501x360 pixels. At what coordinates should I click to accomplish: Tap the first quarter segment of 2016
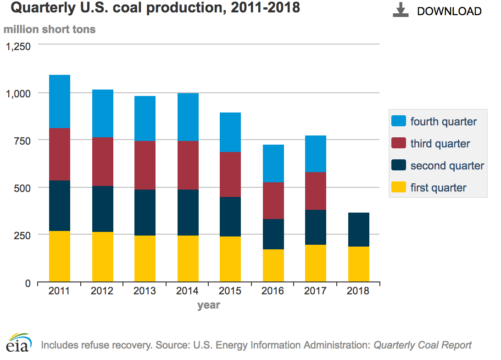click(x=273, y=265)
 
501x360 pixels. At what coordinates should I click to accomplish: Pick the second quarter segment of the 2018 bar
click(x=359, y=230)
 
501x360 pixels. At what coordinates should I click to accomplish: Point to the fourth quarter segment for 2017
click(x=316, y=154)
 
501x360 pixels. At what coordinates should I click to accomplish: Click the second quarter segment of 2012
click(x=103, y=209)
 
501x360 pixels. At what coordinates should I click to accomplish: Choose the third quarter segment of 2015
click(x=230, y=174)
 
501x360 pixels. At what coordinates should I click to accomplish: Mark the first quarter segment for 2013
click(x=145, y=259)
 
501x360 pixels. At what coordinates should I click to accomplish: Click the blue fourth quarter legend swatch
click(x=398, y=122)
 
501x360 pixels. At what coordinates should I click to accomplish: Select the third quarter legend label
click(x=440, y=144)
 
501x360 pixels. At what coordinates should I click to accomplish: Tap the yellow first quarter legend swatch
click(x=398, y=188)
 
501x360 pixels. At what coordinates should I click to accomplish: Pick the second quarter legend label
click(x=447, y=166)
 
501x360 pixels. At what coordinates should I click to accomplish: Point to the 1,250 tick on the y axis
click(x=18, y=46)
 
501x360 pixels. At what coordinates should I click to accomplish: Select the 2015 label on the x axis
click(x=230, y=291)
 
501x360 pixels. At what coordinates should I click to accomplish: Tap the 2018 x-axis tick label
click(x=358, y=291)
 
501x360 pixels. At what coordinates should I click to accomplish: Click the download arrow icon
click(x=401, y=11)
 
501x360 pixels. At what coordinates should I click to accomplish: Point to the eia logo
click(x=19, y=343)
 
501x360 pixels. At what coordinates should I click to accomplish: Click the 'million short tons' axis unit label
click(x=50, y=29)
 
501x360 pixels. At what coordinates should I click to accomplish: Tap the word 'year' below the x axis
click(x=209, y=305)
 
